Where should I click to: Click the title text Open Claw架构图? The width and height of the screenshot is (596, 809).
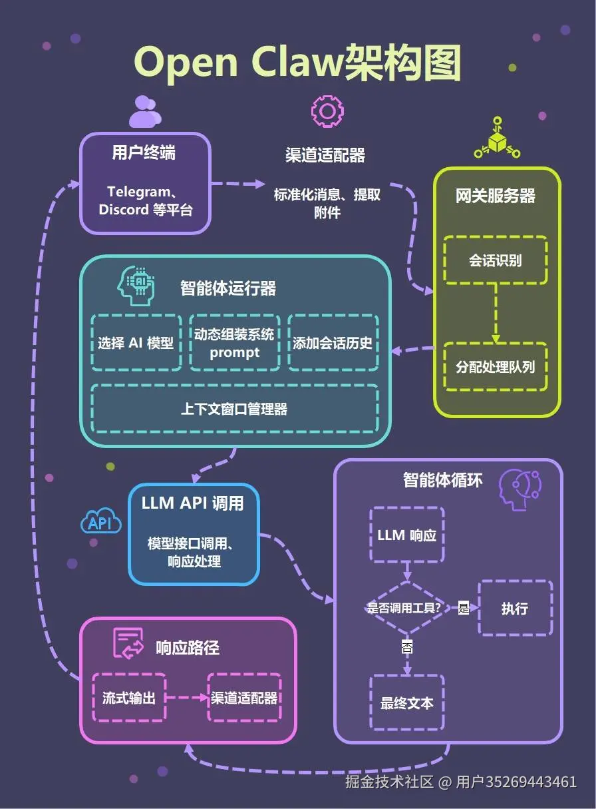(297, 64)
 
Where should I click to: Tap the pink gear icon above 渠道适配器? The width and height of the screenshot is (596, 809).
(327, 112)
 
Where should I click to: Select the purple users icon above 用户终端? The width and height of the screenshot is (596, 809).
(146, 112)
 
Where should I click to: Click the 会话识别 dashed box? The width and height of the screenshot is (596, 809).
(496, 260)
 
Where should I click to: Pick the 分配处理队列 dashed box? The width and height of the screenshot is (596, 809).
(496, 367)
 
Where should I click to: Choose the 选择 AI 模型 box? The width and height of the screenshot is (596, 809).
(136, 342)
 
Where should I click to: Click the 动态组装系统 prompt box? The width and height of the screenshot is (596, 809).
(235, 342)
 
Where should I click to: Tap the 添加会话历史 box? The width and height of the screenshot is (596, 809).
(333, 342)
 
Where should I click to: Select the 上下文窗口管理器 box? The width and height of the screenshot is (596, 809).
(235, 408)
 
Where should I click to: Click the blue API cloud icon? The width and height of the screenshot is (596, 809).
(101, 521)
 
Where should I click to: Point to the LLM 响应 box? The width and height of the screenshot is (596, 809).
(407, 535)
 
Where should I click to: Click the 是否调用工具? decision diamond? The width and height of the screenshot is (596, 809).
(407, 608)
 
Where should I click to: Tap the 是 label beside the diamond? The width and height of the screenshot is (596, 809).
(464, 608)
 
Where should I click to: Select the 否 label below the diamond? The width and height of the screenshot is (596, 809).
(407, 647)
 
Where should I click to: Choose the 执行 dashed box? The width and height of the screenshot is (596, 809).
(516, 608)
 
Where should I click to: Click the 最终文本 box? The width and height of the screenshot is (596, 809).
(407, 703)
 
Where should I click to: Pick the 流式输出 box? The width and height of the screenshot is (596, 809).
(129, 697)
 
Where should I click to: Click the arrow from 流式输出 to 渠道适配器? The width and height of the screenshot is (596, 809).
(186, 697)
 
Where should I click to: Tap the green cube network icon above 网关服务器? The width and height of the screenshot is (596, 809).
(497, 138)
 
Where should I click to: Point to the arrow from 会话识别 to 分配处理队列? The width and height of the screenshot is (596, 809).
(496, 313)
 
